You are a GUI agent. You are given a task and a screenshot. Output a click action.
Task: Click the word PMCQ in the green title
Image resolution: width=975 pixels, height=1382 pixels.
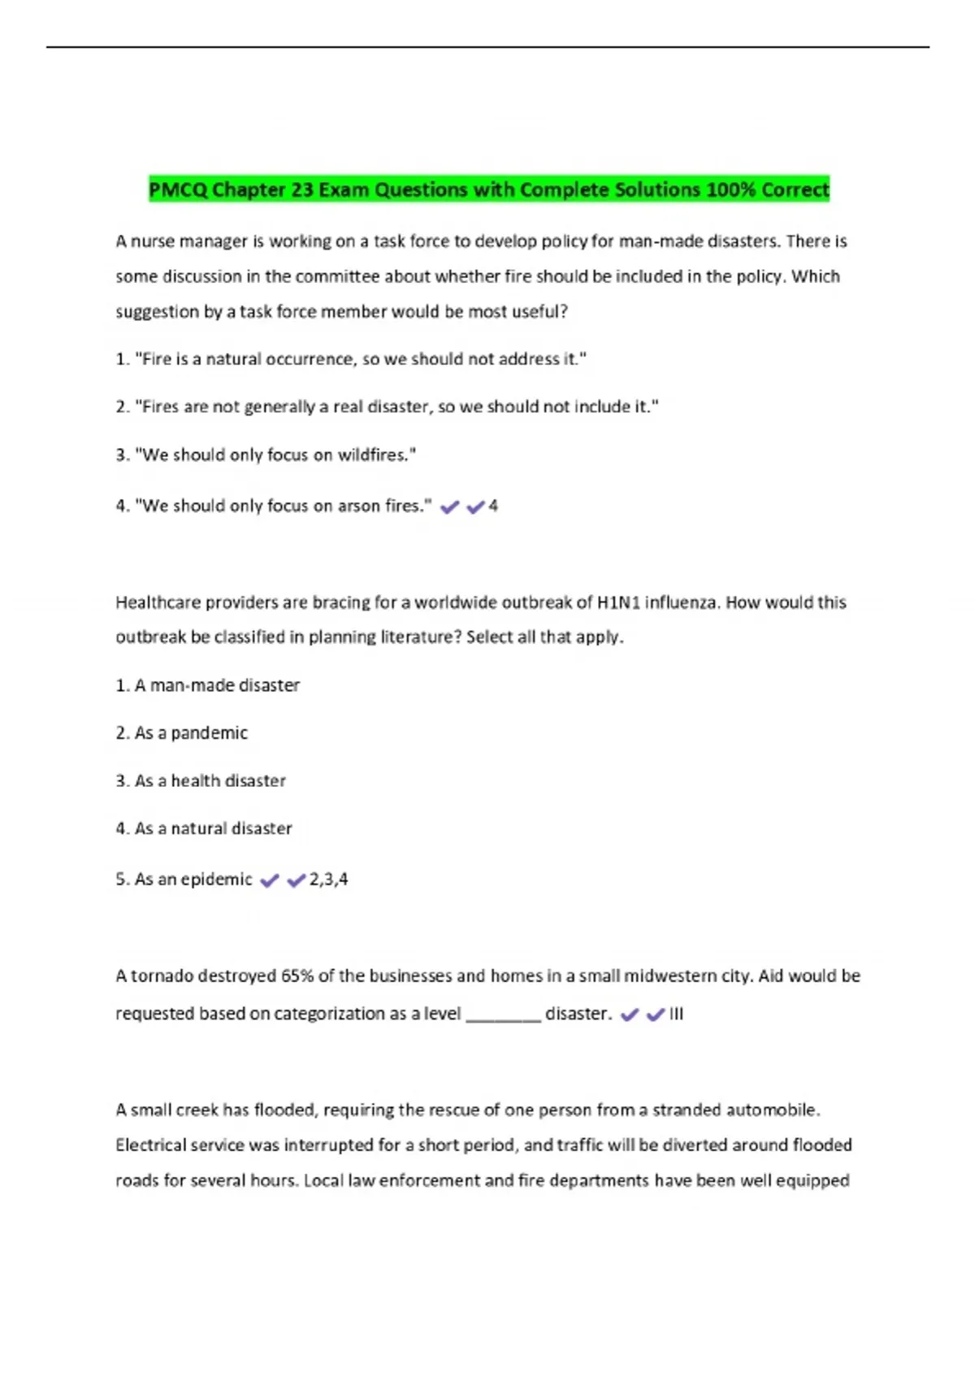[x=178, y=189]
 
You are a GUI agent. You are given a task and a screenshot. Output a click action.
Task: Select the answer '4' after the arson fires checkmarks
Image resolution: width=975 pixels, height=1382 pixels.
[x=493, y=506]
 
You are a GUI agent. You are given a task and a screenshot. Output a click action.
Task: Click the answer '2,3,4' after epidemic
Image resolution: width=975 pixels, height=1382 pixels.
[x=328, y=879]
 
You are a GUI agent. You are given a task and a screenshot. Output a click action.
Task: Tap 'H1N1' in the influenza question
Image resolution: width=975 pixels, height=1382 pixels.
[x=618, y=602]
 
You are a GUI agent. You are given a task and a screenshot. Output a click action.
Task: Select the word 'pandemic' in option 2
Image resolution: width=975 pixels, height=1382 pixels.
[x=210, y=732]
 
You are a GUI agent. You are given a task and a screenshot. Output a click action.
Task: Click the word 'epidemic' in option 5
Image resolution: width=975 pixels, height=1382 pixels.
[x=216, y=879]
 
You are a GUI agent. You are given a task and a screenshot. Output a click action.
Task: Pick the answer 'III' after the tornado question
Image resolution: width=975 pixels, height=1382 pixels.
[x=676, y=1014]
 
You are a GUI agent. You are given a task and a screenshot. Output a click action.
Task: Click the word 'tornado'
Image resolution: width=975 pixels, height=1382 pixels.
[x=162, y=976]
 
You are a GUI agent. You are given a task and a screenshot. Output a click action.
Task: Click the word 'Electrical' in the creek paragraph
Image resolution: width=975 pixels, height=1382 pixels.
[x=152, y=1145]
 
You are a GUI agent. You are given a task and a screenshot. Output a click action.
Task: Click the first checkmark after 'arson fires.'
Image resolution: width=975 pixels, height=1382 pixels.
[x=449, y=507]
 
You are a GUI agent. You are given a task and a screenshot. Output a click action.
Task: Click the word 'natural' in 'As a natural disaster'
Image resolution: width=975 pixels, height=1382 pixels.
[x=197, y=828]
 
